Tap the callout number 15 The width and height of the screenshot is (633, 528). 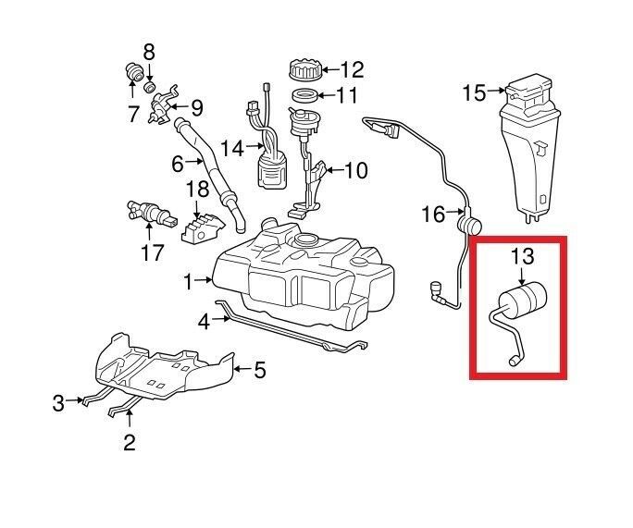click(x=474, y=92)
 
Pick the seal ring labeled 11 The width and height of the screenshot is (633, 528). click(x=304, y=95)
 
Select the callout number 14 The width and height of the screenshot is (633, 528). click(x=230, y=147)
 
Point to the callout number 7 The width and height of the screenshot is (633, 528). click(x=132, y=115)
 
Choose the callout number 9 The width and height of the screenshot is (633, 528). click(x=196, y=107)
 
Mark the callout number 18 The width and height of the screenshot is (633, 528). click(x=197, y=190)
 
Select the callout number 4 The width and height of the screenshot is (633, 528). click(x=205, y=321)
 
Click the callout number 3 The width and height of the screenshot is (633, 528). click(x=58, y=402)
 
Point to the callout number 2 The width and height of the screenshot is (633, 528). click(x=130, y=443)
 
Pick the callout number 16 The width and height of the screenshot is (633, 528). click(x=433, y=215)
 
